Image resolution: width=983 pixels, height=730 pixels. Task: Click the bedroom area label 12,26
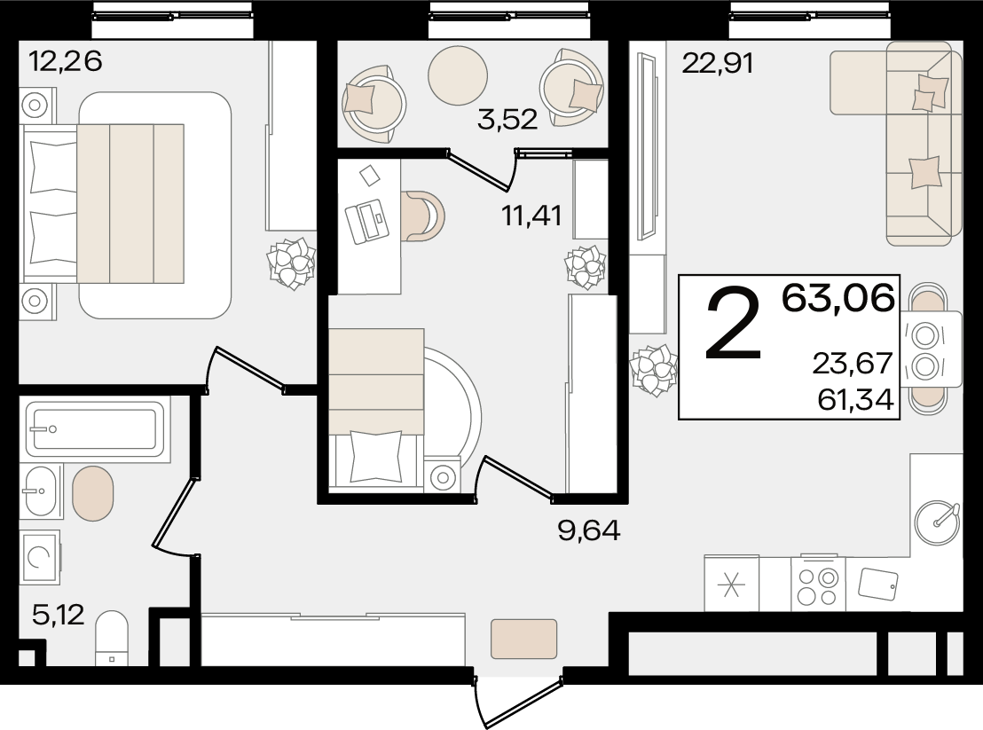coord(65,61)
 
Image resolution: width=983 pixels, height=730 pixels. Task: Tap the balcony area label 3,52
coord(507,119)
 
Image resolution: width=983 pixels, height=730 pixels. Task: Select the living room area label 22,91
coord(717,63)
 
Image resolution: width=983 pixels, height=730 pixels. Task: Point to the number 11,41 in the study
coord(531,216)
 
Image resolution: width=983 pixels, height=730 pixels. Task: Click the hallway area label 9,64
coord(589,530)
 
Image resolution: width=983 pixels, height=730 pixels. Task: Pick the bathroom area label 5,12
coord(59,615)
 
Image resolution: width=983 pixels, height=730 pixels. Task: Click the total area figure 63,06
coord(838,298)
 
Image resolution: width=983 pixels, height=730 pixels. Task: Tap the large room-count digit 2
coord(733,324)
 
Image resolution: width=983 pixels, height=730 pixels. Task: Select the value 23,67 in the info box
coord(853,363)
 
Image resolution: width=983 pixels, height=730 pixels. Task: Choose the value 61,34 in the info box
coord(856,399)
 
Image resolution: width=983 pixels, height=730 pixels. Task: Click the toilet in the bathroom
coord(112,639)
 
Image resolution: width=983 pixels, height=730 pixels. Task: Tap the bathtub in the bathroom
coord(95,429)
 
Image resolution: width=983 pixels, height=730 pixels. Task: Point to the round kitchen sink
coord(937,522)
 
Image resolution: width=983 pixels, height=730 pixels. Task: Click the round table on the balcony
coord(458,75)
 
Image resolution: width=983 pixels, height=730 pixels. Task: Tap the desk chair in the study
coord(423,216)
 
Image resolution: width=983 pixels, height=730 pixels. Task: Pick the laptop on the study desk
coord(366,221)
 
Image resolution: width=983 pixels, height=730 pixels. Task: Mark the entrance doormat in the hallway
coord(524,640)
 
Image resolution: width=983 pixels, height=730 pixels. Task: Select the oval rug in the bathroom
coord(93,493)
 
